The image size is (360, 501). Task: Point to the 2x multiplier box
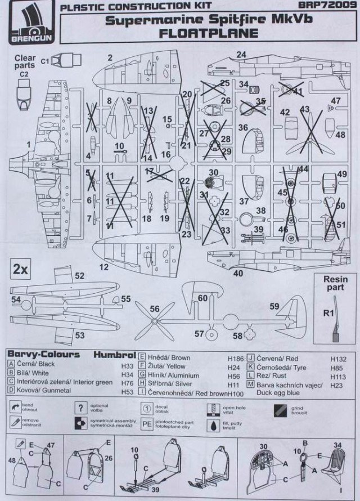coord(21,269)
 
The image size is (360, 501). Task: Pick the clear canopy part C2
coord(24,95)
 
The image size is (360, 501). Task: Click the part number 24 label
coord(241,55)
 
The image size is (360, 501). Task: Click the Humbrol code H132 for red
coord(340,357)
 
